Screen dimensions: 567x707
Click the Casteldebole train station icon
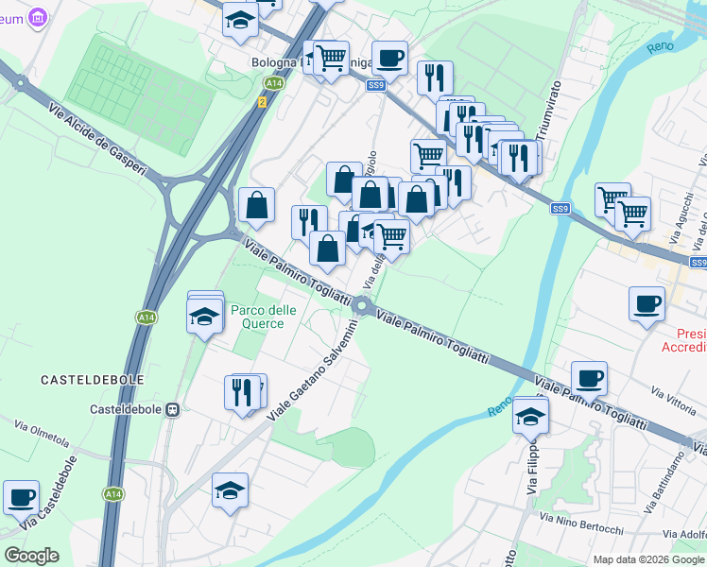[173, 409]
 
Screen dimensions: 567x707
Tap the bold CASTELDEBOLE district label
[93, 379]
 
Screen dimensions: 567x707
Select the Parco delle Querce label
[263, 317]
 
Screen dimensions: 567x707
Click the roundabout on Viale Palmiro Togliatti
[361, 306]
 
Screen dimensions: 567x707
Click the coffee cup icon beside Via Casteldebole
[21, 496]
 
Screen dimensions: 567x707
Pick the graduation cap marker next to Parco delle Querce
[204, 317]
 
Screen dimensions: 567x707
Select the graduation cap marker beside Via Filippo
[530, 415]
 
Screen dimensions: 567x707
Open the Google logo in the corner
[31, 556]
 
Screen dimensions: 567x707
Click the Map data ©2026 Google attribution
[648, 559]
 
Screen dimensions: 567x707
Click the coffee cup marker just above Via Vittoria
[589, 378]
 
